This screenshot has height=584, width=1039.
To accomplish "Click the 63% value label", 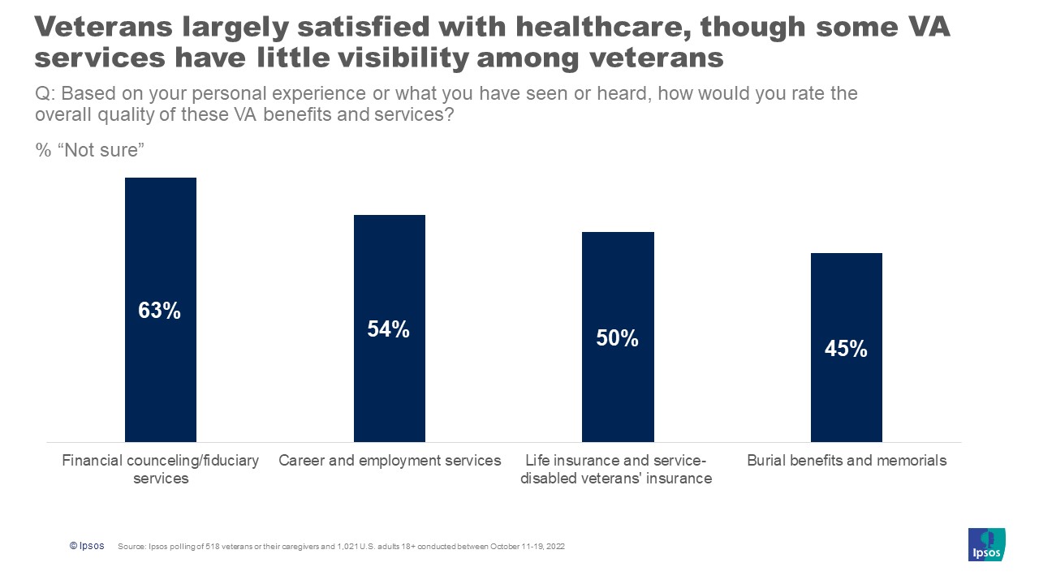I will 160,311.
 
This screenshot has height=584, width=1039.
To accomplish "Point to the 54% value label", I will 389,329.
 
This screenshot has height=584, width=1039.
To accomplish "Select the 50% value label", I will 618,338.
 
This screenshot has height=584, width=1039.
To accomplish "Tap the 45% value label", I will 846,349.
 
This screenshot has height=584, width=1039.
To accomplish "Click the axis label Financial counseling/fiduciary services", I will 161,469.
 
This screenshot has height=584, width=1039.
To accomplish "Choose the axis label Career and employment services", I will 390,461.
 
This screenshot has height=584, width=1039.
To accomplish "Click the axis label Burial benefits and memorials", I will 847,461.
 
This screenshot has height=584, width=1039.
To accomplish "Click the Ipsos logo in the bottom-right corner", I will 986,544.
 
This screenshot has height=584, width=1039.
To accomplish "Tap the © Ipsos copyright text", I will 87,546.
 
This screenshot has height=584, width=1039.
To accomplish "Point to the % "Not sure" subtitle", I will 89,151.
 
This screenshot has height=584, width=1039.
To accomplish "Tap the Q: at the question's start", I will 45,93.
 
